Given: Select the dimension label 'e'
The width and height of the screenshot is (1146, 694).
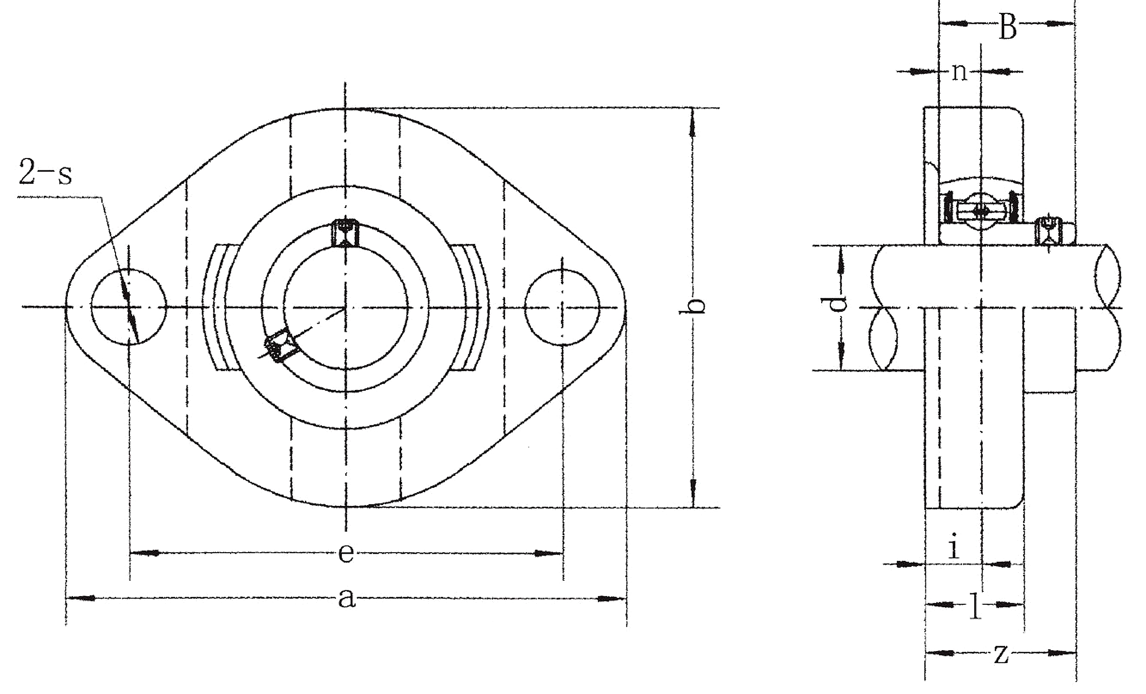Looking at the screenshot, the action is coord(346,554).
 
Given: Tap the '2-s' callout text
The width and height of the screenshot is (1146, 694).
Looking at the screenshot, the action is coord(45,172).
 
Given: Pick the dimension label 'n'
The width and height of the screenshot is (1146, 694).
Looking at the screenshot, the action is coord(960,72).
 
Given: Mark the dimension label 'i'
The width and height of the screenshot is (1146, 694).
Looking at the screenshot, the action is coord(954,546).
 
